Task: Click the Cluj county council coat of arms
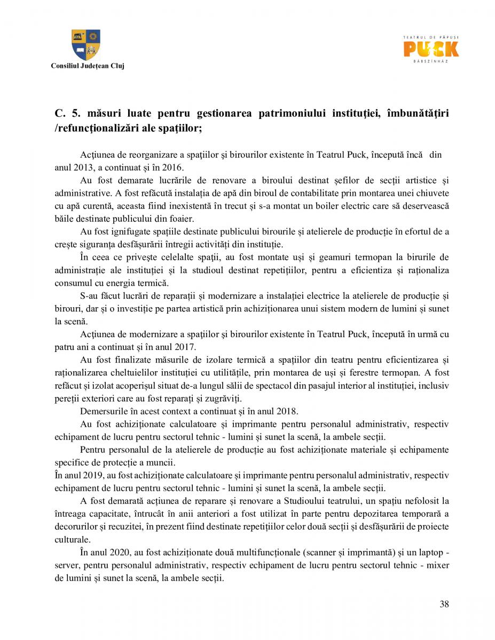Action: pos(86,45)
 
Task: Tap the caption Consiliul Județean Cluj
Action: pos(87,66)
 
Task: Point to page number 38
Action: pos(444,604)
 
